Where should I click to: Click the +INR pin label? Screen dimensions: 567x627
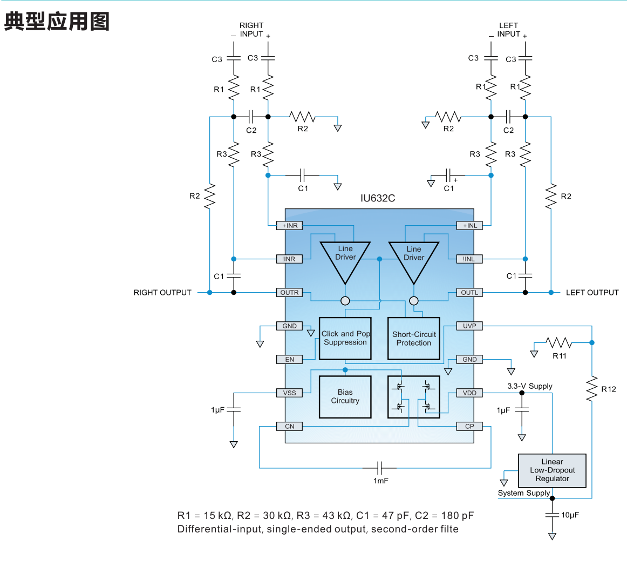(x=290, y=226)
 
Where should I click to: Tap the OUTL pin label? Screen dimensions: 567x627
(x=469, y=293)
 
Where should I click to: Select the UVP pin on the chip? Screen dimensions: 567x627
(x=469, y=326)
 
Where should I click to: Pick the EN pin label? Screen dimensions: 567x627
(x=290, y=360)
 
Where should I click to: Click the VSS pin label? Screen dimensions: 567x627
(x=290, y=393)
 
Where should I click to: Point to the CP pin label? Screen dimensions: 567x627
(x=469, y=427)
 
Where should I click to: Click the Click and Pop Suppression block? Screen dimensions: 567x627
(x=345, y=339)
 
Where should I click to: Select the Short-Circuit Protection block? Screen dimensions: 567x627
(x=414, y=339)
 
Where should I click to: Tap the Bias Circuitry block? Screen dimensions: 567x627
(x=345, y=397)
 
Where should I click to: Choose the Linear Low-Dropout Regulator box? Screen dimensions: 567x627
(x=552, y=470)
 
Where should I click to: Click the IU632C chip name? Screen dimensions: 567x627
(x=378, y=198)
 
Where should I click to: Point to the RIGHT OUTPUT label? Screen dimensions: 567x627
(x=162, y=293)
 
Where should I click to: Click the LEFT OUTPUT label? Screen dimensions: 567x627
(x=592, y=293)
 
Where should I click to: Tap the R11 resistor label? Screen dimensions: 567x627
(x=560, y=356)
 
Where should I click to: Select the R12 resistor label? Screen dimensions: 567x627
(x=609, y=389)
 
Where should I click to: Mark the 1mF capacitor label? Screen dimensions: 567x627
(x=381, y=481)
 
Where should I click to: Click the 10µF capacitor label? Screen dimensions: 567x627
(x=570, y=515)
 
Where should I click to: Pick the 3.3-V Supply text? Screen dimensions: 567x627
(x=529, y=386)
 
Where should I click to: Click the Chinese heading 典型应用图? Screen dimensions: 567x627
(x=57, y=22)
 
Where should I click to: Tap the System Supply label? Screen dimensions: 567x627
(x=523, y=493)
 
